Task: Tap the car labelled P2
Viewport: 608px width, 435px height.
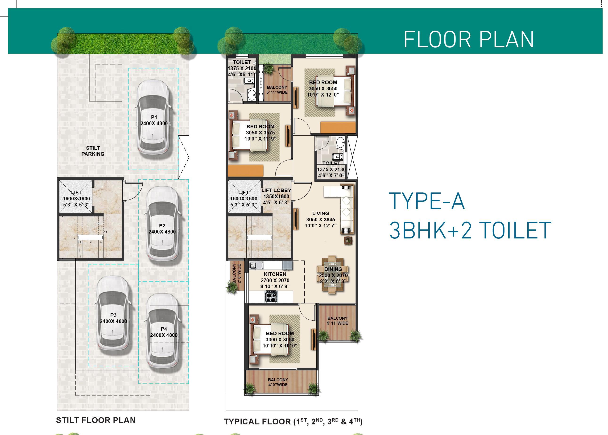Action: click(x=163, y=224)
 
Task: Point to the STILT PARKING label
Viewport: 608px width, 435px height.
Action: click(x=93, y=151)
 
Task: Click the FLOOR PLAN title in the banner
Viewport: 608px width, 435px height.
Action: click(x=469, y=40)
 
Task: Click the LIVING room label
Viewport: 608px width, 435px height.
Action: click(x=321, y=213)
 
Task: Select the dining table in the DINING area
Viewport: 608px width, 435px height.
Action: click(x=333, y=275)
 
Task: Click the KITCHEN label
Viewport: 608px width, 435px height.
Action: click(x=275, y=274)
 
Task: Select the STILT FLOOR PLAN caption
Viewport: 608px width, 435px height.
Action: click(x=96, y=420)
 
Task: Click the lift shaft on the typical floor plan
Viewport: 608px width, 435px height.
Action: click(x=244, y=197)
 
